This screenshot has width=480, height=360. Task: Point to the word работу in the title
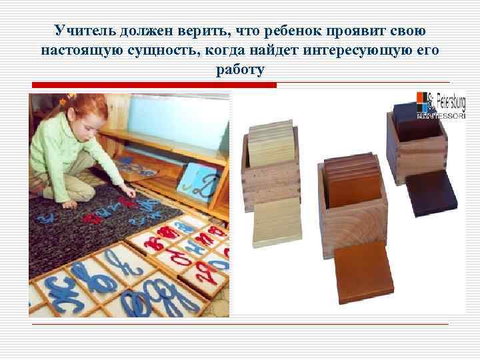tap(240, 69)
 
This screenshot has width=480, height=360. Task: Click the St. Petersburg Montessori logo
tap(441, 105)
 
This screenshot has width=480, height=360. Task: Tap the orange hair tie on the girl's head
tap(65, 100)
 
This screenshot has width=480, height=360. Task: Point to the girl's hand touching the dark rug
tap(130, 194)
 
